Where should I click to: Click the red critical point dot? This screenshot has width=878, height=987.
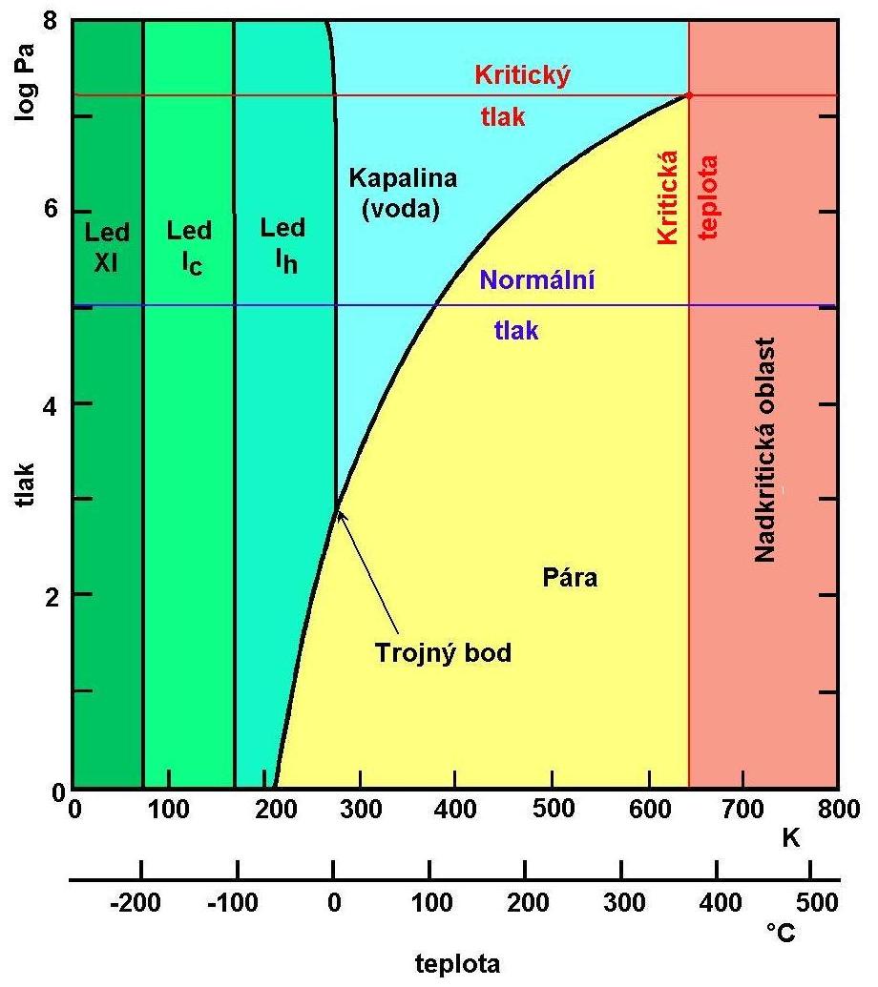tap(688, 95)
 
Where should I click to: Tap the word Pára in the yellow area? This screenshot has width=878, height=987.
tap(570, 578)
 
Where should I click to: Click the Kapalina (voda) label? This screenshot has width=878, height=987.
tap(403, 193)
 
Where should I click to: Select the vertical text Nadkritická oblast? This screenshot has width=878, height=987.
tap(763, 449)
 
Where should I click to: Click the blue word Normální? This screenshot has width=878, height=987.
tap(537, 281)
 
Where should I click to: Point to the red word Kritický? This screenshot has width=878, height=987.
tap(522, 75)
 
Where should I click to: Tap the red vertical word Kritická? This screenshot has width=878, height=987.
tap(669, 197)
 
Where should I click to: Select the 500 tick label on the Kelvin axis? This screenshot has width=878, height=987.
tap(551, 811)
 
